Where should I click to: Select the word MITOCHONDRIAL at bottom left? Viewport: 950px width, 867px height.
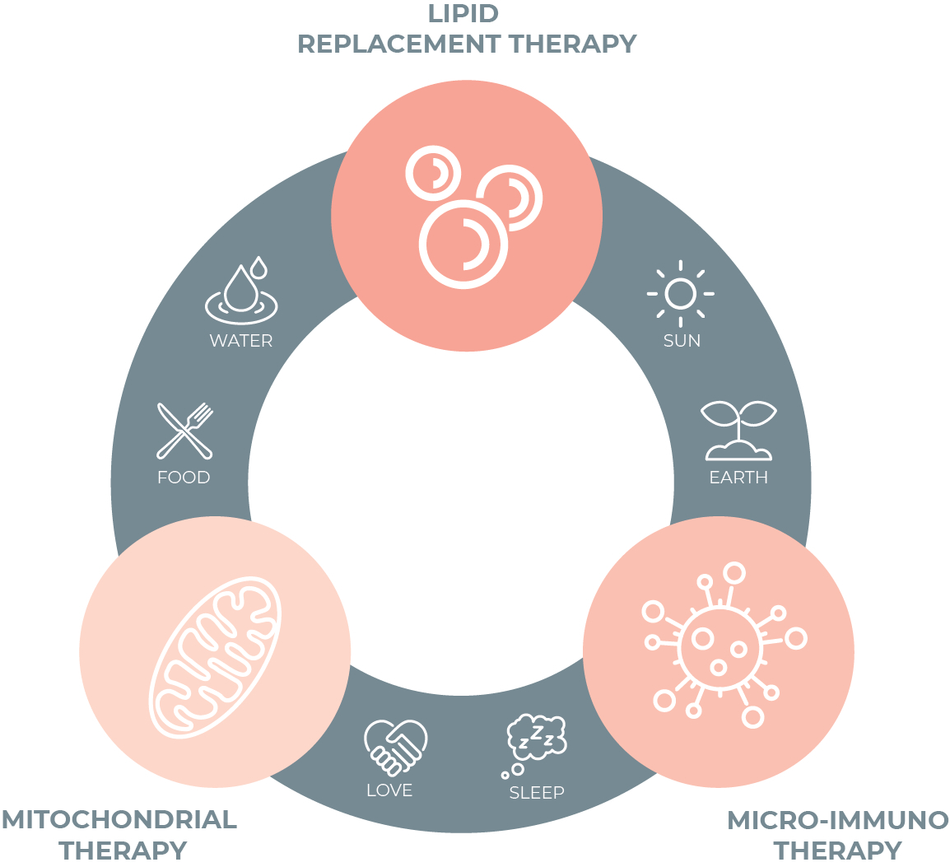[119, 819]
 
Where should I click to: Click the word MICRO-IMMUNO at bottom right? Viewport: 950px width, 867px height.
[838, 820]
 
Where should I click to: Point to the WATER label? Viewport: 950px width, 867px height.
[241, 341]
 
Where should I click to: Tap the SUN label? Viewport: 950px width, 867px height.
[682, 341]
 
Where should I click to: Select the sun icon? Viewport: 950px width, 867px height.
[681, 293]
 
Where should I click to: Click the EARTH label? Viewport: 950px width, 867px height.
[738, 478]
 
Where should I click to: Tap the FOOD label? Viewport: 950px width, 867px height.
[184, 478]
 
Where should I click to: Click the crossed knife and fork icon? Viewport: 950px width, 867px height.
[185, 430]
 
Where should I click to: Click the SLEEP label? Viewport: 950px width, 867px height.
[537, 793]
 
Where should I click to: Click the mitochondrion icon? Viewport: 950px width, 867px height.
[215, 655]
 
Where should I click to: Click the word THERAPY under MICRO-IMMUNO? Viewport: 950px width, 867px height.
[837, 850]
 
